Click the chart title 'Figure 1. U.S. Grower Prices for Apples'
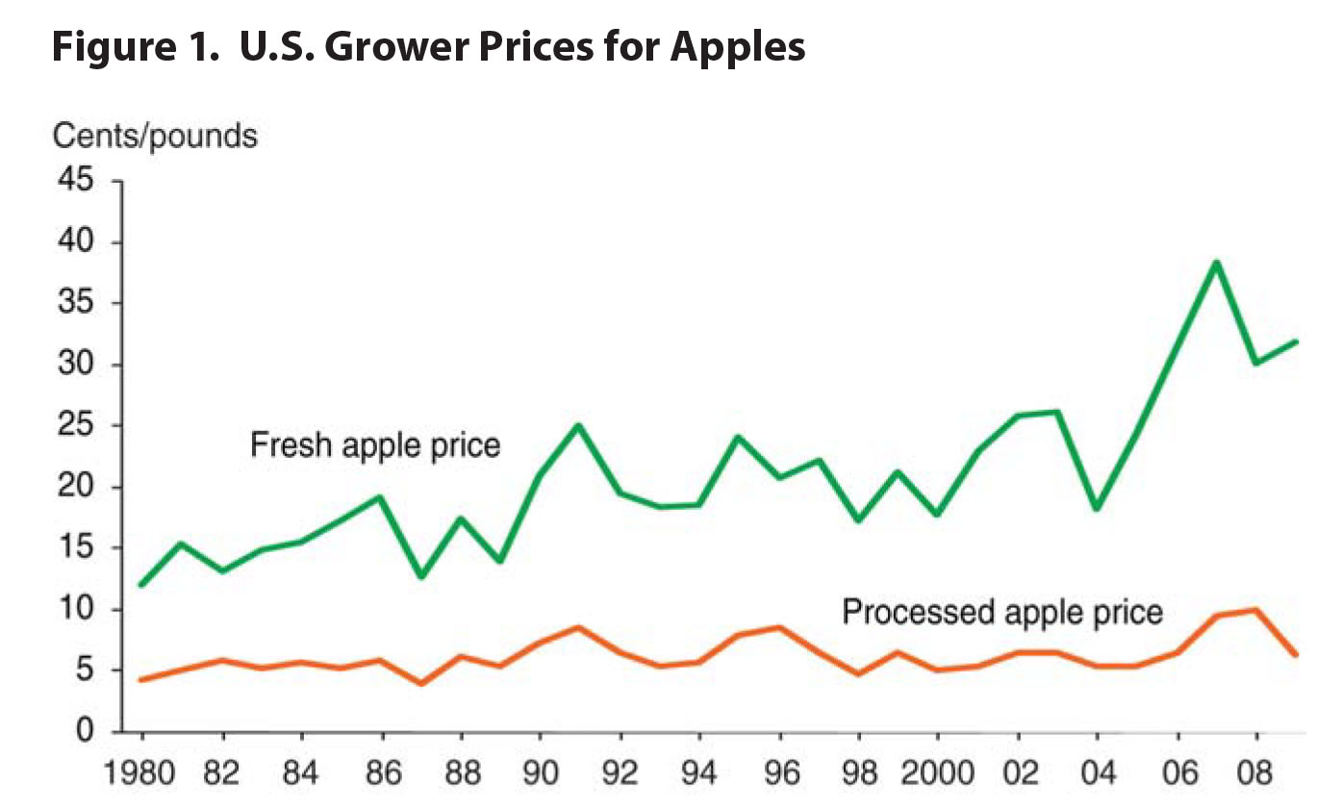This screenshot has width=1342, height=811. pos(428,45)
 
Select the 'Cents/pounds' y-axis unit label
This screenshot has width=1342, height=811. pos(155,136)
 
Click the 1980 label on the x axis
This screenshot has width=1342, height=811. pos(142,773)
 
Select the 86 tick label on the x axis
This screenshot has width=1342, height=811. pos(382,773)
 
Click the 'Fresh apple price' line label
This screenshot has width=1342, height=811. pos(375,445)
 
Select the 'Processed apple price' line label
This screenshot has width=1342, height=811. pos(1002,612)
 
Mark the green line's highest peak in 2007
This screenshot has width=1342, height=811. pos(1216,263)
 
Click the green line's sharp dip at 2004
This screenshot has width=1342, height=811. pos(1097,508)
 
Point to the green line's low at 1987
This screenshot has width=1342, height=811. pos(421,576)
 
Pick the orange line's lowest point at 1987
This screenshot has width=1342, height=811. pos(421,683)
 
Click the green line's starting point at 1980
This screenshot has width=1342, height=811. pos(142,585)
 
